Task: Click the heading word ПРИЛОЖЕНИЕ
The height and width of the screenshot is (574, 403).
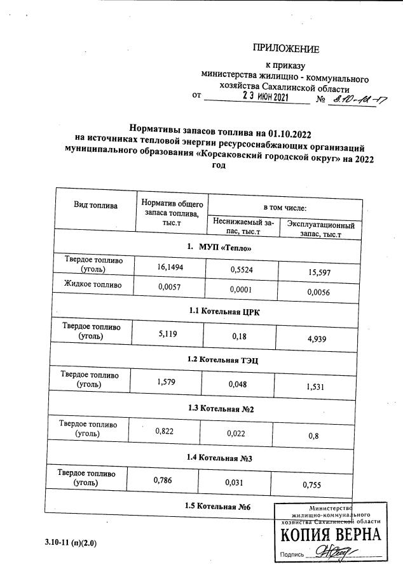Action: tap(286, 49)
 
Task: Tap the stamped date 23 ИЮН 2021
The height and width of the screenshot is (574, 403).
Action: tap(266, 97)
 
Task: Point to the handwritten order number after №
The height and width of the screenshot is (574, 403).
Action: tap(358, 100)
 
